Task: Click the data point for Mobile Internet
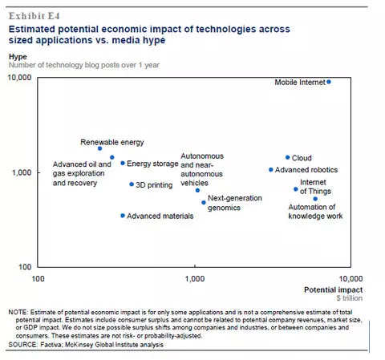click(x=329, y=82)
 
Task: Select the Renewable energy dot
click(x=99, y=148)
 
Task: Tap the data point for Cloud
click(x=287, y=157)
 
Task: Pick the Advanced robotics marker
click(x=270, y=170)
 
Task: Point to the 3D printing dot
click(x=132, y=184)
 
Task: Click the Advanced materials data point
click(x=123, y=216)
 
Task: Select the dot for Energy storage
click(x=123, y=163)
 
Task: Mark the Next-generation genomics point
click(x=204, y=203)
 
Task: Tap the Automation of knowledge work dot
click(x=315, y=199)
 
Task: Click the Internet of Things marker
click(x=295, y=189)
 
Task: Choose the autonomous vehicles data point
click(x=197, y=191)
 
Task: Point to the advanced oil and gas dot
click(x=112, y=157)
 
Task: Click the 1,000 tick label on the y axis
click(x=22, y=172)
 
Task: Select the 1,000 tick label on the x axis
click(x=195, y=279)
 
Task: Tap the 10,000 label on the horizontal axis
click(x=351, y=279)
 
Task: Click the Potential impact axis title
click(x=333, y=289)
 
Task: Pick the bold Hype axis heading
click(x=18, y=57)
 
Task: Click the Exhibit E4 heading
click(x=34, y=16)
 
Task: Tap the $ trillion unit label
click(x=350, y=298)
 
